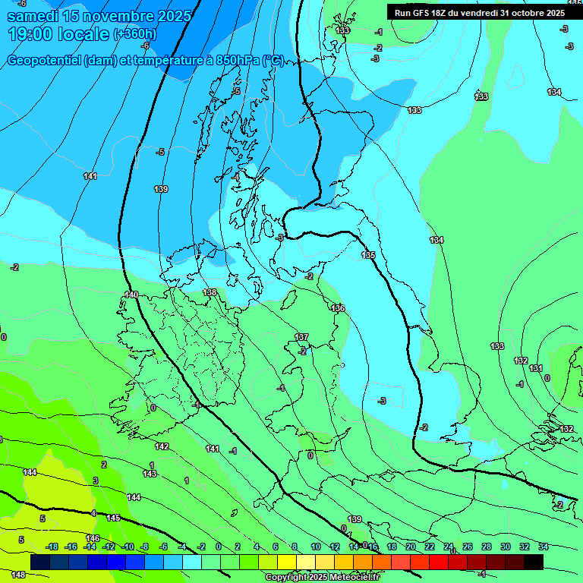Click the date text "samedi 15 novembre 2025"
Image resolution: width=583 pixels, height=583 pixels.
coord(99,15)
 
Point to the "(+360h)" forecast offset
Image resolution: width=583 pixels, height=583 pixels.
coord(136,34)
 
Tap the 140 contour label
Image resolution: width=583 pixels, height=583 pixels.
coord(131,295)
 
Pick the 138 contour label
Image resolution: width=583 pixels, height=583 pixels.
coord(210,292)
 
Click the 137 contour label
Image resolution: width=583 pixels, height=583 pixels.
coord(301,337)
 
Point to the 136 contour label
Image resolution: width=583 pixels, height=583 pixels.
coord(338,308)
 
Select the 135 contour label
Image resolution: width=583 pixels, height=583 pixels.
coord(368,255)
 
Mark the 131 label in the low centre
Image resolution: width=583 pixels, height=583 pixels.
coord(536,368)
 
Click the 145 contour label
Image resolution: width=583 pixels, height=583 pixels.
coord(113,518)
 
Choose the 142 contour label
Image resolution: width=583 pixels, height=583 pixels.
coord(162,446)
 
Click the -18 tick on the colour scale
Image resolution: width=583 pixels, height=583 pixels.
coord(52,547)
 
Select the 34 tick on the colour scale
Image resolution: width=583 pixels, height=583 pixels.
coord(544,547)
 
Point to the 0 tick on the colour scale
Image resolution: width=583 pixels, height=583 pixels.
coord(219,547)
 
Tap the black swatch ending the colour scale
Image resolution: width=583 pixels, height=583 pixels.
coord(534,562)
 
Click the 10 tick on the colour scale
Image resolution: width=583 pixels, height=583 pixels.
coord(315,547)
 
